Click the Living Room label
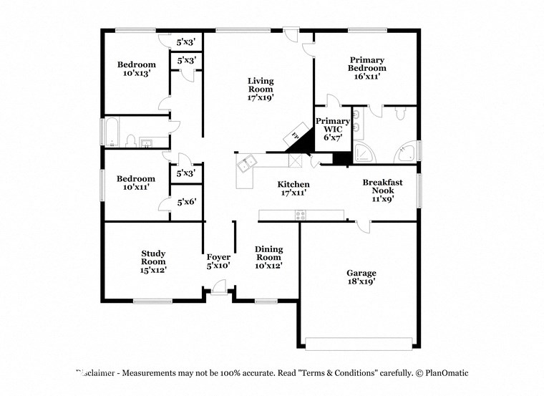click(261, 89)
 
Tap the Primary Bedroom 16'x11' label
click(367, 68)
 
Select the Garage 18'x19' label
click(361, 277)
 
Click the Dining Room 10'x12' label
click(268, 257)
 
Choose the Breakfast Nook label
click(382, 190)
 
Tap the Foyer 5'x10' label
click(218, 261)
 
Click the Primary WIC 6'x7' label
click(333, 128)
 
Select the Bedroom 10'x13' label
click(136, 69)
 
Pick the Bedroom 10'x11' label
click(136, 183)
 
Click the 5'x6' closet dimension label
click(186, 203)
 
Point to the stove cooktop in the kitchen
click(301, 214)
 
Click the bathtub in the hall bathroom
click(113, 133)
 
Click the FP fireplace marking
click(294, 135)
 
